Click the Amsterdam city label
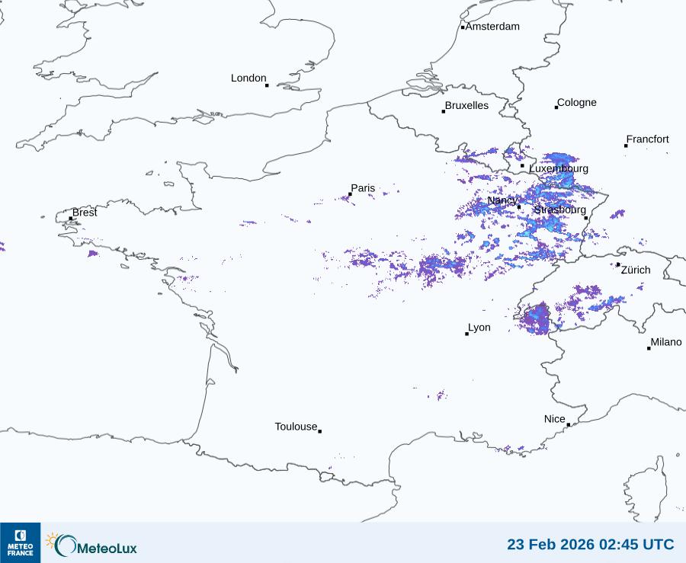click(492, 27)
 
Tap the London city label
click(248, 78)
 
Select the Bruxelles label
click(466, 106)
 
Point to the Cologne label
click(577, 103)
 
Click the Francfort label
click(648, 139)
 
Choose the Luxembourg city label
click(559, 168)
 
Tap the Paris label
click(363, 188)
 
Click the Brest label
click(85, 213)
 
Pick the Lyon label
click(479, 328)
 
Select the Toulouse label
click(296, 427)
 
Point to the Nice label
click(555, 419)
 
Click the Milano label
click(666, 342)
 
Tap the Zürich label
click(636, 270)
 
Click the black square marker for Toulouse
click(319, 431)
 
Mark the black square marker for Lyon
click(467, 334)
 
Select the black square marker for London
click(267, 85)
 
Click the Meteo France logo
click(20, 542)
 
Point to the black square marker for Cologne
click(556, 107)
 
